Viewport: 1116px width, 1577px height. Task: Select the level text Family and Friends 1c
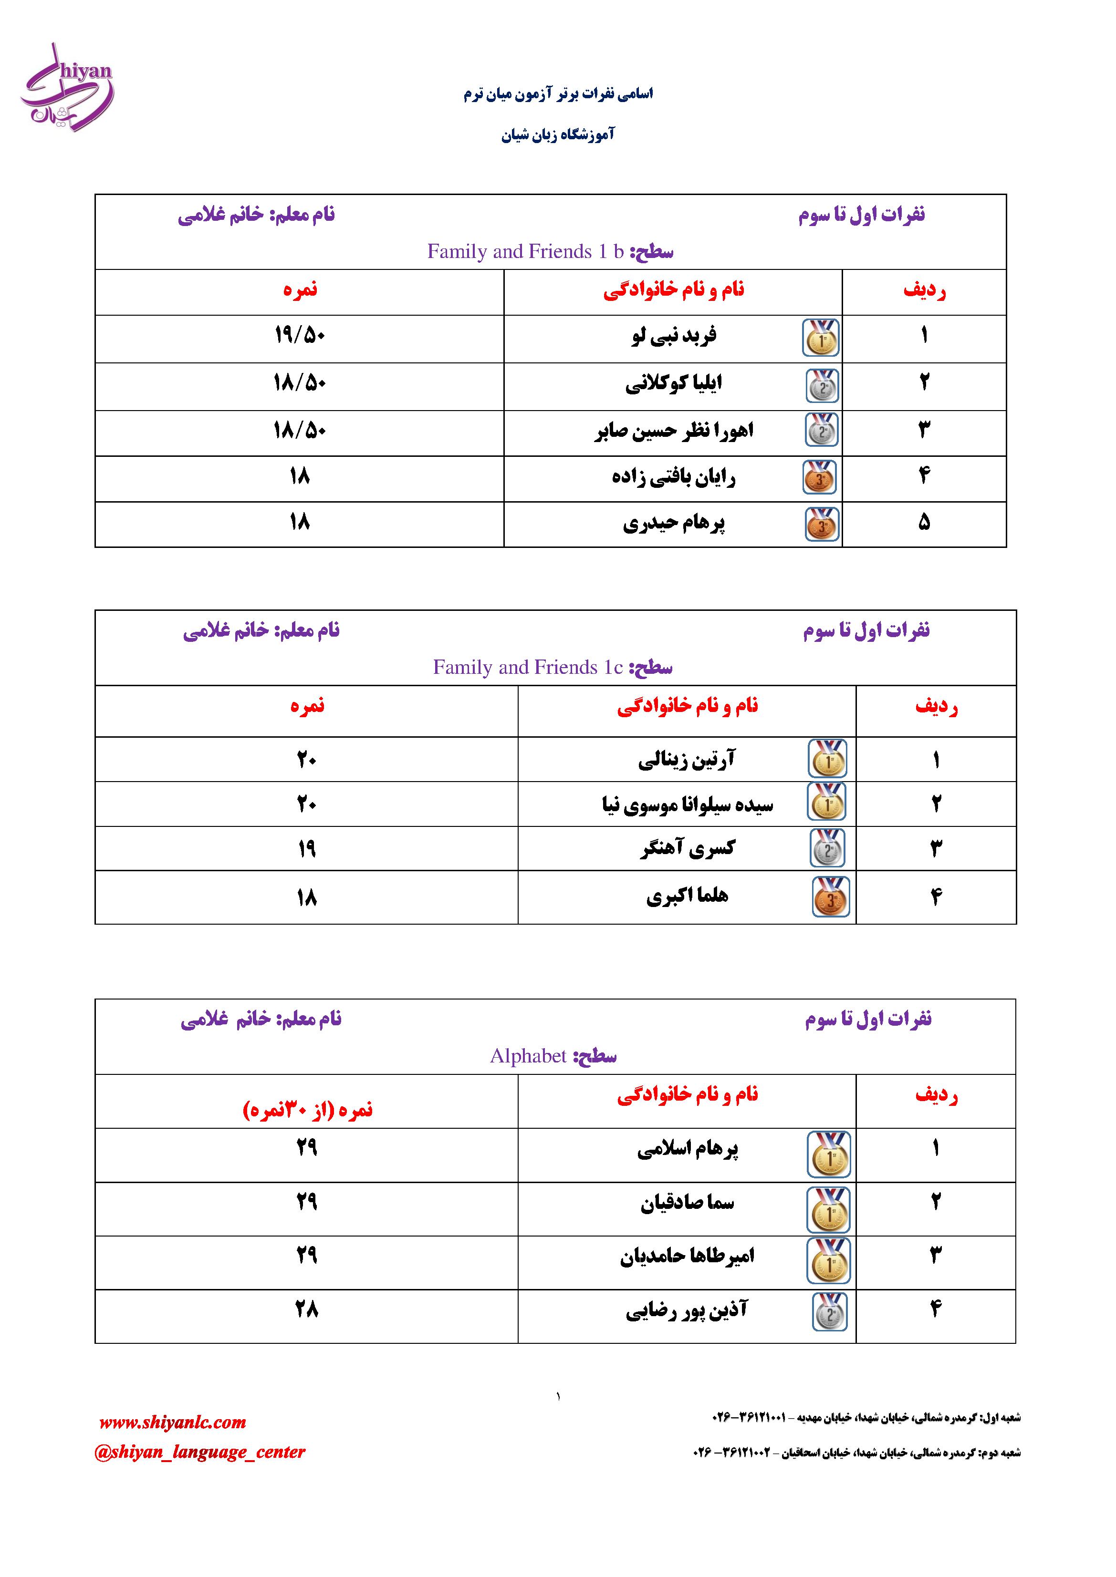[x=527, y=667]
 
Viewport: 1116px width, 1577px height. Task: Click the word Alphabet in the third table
[x=528, y=1056]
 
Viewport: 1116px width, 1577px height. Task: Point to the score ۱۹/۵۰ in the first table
[x=300, y=336]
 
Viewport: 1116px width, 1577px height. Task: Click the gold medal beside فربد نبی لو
[x=821, y=338]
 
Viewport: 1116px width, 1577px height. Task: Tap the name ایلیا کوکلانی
[x=673, y=384]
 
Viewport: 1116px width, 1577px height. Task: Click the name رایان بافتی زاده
[x=673, y=477]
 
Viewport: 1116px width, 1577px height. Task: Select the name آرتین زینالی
[x=687, y=760]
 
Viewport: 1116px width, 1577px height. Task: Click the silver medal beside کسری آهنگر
[x=827, y=849]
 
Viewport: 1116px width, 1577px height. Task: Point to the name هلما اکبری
[x=687, y=897]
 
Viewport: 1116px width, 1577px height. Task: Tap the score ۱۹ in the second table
[x=306, y=849]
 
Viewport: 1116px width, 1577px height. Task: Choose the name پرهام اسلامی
[x=687, y=1149]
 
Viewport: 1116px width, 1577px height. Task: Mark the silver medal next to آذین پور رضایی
[x=829, y=1312]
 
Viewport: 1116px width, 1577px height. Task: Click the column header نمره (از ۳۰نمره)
[x=307, y=1110]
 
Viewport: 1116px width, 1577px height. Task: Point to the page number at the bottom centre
[x=558, y=1396]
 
